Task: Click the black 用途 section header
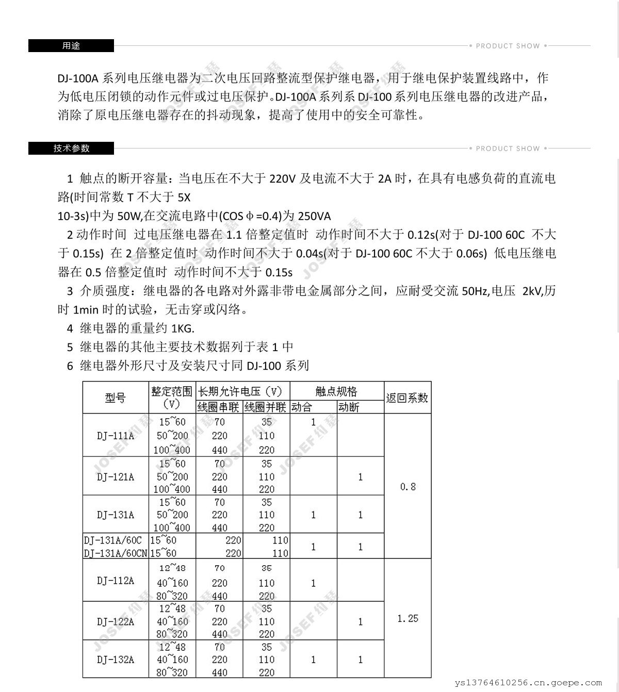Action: click(71, 45)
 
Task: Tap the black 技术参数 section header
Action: click(71, 149)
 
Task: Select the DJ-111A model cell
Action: click(116, 436)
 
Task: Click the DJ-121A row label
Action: click(116, 476)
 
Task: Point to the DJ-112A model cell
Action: click(116, 581)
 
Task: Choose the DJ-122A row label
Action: click(116, 621)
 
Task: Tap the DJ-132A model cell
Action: click(116, 660)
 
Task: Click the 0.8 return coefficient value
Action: click(408, 487)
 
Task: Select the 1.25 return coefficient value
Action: click(408, 618)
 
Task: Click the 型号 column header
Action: click(116, 398)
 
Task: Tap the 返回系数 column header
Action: click(407, 398)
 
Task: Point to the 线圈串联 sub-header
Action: click(219, 407)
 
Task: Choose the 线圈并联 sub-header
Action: click(266, 407)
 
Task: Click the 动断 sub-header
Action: click(349, 407)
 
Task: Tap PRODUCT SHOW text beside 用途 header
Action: click(508, 46)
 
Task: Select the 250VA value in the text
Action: click(314, 216)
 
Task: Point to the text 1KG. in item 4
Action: click(183, 328)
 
